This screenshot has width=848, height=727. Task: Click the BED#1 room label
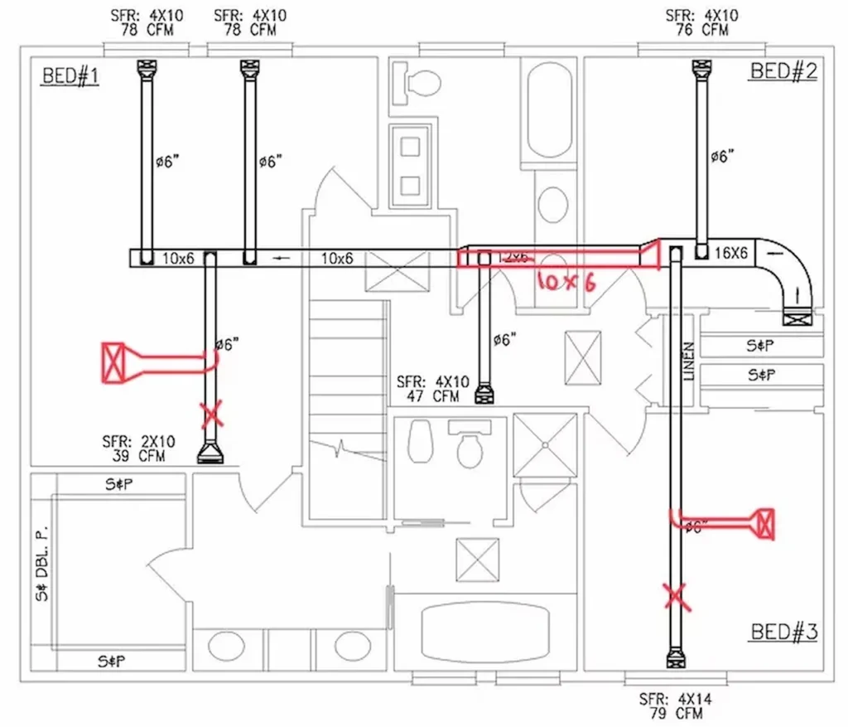point(70,77)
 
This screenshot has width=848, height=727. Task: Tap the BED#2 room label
point(783,70)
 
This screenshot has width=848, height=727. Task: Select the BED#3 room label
point(784,632)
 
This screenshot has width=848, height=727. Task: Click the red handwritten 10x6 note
point(566,282)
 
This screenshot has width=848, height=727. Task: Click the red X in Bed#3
point(677,596)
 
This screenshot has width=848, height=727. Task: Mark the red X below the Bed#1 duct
point(213,411)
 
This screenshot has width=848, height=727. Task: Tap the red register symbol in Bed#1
point(113,362)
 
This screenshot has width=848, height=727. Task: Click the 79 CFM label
point(675,714)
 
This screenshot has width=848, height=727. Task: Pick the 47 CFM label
point(432,396)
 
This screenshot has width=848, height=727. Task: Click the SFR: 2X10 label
point(133,441)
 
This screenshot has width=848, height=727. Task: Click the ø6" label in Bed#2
point(722,157)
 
